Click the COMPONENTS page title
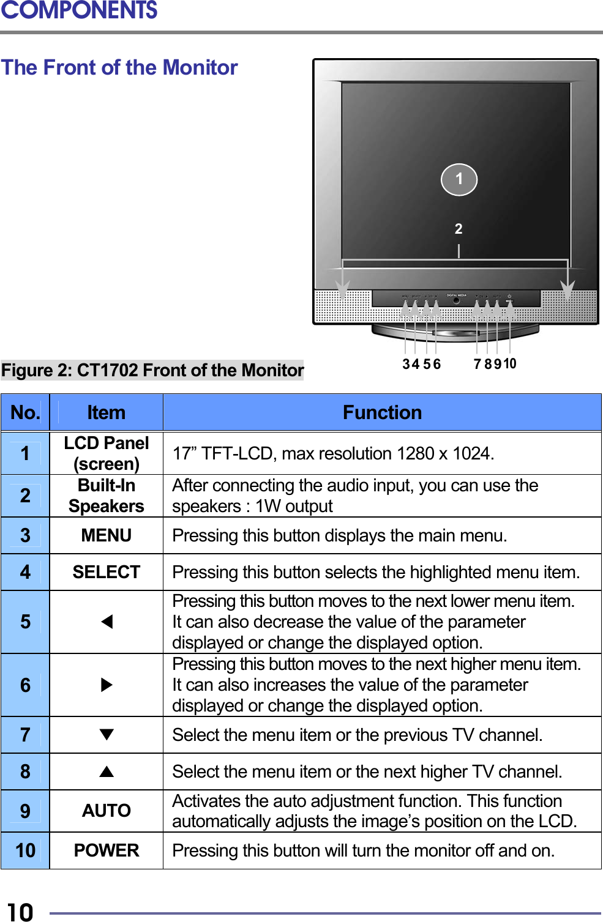click(79, 11)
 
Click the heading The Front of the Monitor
click(119, 67)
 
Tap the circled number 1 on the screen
click(459, 179)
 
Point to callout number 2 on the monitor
click(459, 229)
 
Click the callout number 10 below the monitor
click(510, 364)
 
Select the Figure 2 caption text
click(152, 370)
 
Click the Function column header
click(382, 412)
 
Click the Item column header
click(106, 412)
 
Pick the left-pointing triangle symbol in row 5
click(107, 622)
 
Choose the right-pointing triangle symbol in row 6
click(107, 685)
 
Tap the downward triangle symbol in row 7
click(107, 735)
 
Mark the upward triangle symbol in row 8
click(107, 771)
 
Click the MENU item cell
click(106, 535)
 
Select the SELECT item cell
click(106, 572)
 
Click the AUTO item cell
click(106, 811)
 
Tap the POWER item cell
click(106, 850)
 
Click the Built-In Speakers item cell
click(106, 496)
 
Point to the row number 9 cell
click(25, 811)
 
